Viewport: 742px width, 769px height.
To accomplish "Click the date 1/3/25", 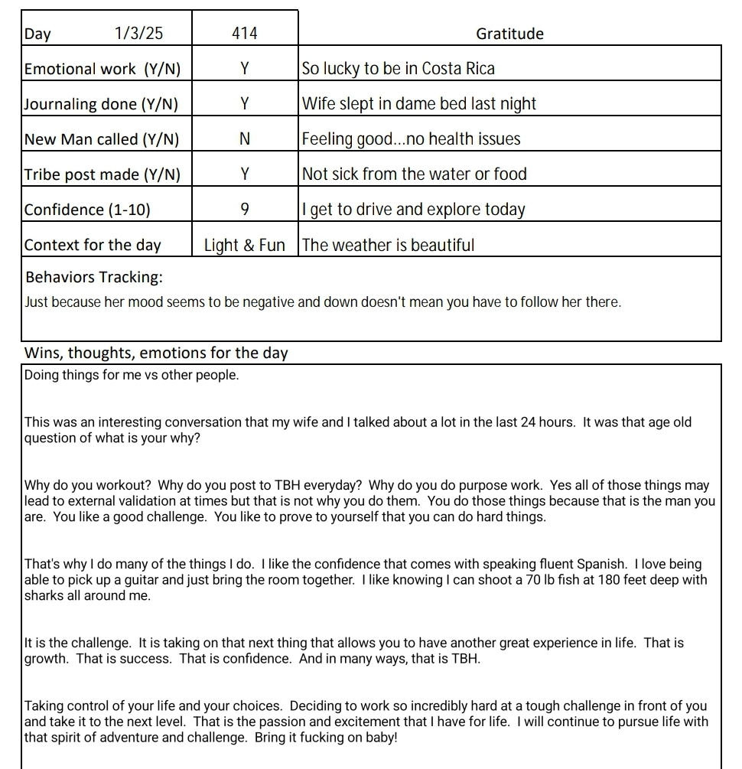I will pos(138,34).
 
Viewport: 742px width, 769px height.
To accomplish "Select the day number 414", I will pos(244,34).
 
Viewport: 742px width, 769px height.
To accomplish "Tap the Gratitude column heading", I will pos(509,34).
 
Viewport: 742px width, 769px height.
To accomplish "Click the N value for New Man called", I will pos(244,139).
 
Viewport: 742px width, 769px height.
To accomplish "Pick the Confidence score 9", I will pos(244,210).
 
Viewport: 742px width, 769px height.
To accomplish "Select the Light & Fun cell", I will pos(244,246).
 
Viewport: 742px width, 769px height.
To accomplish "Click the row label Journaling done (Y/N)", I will pos(101,104).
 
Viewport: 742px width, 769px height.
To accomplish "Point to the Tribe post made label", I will pos(103,174).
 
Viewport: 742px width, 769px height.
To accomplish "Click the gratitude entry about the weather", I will pos(388,246).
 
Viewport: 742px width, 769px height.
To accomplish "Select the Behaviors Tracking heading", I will pos(94,277).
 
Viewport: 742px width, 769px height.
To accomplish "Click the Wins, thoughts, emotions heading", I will pos(156,353).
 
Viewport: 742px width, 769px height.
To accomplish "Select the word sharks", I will pos(44,595).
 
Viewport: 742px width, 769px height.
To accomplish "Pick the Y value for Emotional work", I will pos(244,69).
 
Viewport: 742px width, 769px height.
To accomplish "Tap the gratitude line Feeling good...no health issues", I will pos(411,139).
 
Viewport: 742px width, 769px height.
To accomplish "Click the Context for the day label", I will pos(93,246).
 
